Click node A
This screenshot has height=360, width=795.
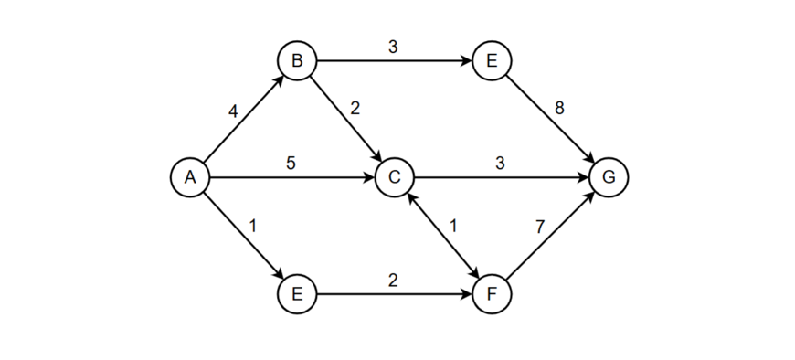point(190,177)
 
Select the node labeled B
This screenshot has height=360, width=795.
point(297,61)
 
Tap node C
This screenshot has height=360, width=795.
point(394,177)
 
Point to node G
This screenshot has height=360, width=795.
point(609,177)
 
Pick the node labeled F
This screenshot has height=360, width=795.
point(493,294)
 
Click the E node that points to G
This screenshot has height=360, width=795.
point(493,61)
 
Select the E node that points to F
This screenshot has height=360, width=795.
point(297,294)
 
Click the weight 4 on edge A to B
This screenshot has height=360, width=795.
point(233,111)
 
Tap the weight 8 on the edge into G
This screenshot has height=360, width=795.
point(559,108)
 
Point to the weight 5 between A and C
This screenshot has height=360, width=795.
point(291,164)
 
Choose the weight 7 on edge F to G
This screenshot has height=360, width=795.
point(541,226)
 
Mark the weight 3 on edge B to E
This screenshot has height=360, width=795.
point(393,47)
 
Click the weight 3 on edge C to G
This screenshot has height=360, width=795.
point(500,164)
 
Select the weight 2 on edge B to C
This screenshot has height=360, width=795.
point(355,108)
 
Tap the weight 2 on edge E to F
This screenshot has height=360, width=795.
point(393,281)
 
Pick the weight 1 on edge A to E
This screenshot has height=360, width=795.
point(252,226)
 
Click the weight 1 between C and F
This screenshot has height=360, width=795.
point(454,225)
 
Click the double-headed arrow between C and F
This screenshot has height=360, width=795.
point(443,236)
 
